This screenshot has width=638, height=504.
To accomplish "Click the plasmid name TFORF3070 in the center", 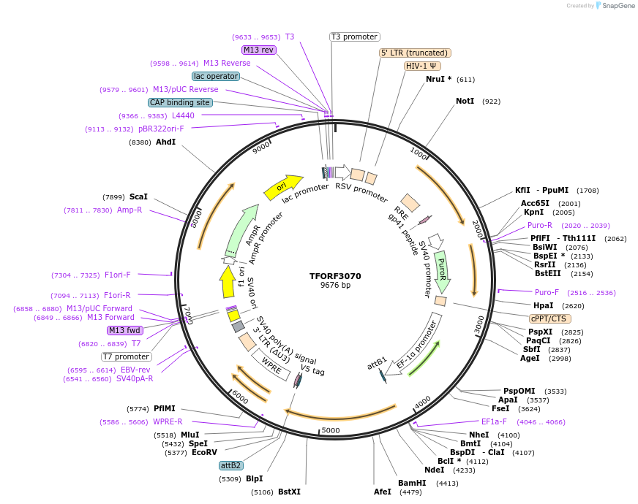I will (335, 276).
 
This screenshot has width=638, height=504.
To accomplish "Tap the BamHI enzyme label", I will (412, 483).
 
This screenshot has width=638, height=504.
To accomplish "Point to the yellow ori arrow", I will (283, 187).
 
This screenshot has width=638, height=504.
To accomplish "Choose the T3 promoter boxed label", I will (354, 37).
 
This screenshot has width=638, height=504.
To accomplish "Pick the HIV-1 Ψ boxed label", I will (422, 66).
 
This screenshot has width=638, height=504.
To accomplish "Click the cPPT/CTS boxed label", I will (549, 318).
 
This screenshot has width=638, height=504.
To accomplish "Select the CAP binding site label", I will (180, 103).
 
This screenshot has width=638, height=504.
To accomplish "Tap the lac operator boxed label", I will (216, 76).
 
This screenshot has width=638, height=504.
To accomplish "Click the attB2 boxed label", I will (231, 465).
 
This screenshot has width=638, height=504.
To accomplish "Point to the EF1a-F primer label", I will (497, 422).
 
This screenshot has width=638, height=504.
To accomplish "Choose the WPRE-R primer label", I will (168, 422).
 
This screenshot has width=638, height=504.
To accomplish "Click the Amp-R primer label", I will (130, 210).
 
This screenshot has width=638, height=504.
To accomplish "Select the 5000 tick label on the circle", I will (331, 430).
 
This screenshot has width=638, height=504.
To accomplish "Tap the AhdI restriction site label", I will (165, 142).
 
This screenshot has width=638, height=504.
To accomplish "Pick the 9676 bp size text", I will (335, 286).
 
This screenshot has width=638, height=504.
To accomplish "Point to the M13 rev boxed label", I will (258, 50).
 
